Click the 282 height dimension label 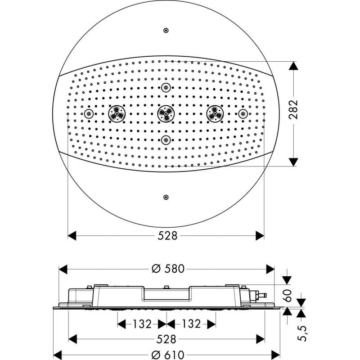(x=293, y=109)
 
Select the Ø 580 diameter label (x=168, y=269)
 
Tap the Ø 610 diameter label (x=168, y=355)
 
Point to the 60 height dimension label (x=287, y=296)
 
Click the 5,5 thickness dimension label (x=302, y=333)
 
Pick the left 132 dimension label (x=142, y=324)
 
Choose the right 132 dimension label (x=191, y=324)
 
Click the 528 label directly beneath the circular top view (x=167, y=236)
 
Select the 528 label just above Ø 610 (x=166, y=339)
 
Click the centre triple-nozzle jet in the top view (x=166, y=114)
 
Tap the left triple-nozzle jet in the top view (x=117, y=114)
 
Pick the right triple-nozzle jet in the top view (x=215, y=114)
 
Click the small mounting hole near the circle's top (x=166, y=30)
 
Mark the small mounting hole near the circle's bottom (x=166, y=197)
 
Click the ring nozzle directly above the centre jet (x=166, y=87)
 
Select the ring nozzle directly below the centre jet (x=166, y=140)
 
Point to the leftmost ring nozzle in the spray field (x=89, y=114)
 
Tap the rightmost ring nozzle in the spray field (x=243, y=114)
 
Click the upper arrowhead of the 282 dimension (x=293, y=66)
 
